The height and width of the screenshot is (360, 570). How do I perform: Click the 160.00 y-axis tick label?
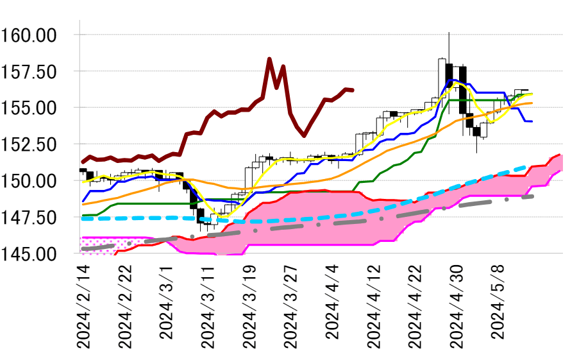click(x=37, y=35)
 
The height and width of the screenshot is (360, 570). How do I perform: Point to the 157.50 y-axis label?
click(x=37, y=71)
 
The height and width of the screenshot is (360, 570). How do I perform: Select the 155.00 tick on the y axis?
click(x=37, y=108)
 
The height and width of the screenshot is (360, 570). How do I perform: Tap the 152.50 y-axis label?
click(x=37, y=144)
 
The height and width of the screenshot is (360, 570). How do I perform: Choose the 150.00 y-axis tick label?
click(x=37, y=181)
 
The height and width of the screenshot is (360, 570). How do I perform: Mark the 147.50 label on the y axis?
click(x=37, y=218)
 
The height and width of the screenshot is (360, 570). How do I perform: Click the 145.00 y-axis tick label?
click(x=37, y=254)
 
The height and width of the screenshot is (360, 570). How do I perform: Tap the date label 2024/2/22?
click(x=124, y=305)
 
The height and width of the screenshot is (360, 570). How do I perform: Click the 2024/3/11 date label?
click(x=207, y=305)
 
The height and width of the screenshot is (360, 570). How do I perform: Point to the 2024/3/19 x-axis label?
click(x=248, y=305)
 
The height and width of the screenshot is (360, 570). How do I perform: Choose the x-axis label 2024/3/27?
click(x=290, y=305)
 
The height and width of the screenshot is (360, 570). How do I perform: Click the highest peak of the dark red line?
click(x=269, y=59)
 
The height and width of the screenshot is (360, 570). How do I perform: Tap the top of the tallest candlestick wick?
click(x=449, y=32)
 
